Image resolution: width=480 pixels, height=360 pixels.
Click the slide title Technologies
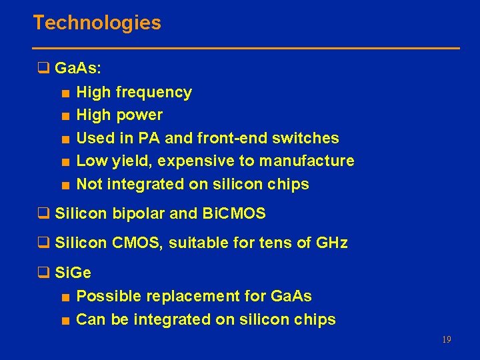[97, 23]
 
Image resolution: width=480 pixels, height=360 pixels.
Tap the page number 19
[446, 340]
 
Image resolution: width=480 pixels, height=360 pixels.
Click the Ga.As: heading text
[78, 68]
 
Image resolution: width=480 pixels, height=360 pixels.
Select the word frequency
[153, 93]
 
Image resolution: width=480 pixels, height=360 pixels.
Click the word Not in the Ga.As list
[89, 184]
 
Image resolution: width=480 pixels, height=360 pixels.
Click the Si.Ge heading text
[73, 273]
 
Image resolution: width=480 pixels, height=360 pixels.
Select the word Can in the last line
[91, 319]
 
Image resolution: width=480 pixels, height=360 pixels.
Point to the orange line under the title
[247, 48]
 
